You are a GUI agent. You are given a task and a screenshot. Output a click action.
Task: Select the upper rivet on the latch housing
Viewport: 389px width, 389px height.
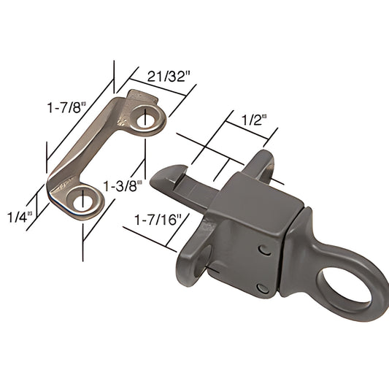click(263, 250)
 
